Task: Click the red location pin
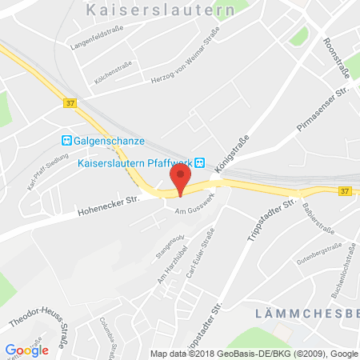click(x=181, y=178)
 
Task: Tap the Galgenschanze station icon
click(x=67, y=141)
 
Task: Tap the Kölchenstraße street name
click(x=102, y=70)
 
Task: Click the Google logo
click(x=27, y=350)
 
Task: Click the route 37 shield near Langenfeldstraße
click(x=70, y=102)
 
